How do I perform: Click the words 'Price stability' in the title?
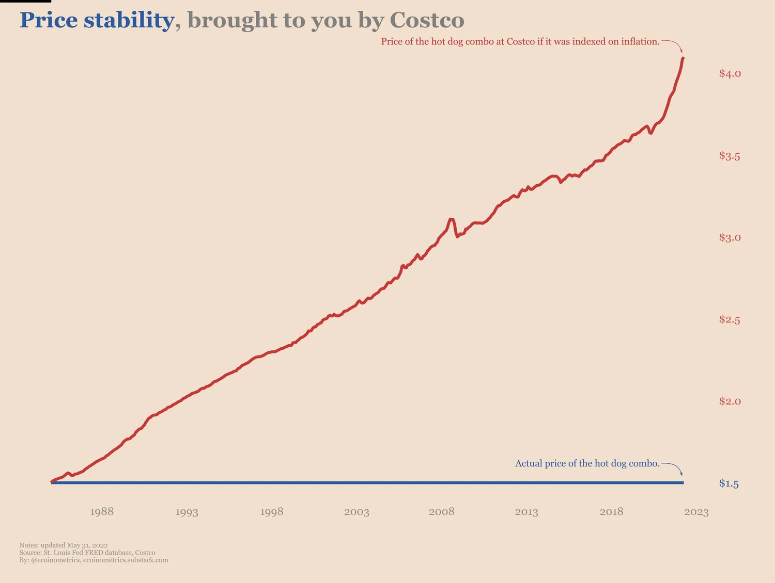[97, 21]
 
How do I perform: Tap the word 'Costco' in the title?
[427, 21]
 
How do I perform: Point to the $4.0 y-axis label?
[730, 74]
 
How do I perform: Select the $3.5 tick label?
[730, 156]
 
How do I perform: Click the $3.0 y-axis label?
[730, 238]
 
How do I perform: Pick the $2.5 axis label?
[730, 320]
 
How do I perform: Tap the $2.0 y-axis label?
[730, 401]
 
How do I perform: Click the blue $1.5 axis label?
[729, 483]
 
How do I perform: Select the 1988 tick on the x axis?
[102, 512]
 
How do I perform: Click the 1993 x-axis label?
[187, 512]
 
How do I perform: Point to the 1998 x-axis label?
[272, 512]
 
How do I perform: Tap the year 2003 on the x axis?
[357, 512]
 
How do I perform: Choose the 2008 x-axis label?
[441, 512]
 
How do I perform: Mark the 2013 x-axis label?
[526, 512]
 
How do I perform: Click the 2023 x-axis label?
[696, 512]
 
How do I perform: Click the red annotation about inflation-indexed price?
[520, 42]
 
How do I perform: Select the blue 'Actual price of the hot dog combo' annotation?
[587, 463]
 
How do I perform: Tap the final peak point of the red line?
[683, 58]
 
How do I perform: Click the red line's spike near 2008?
[451, 219]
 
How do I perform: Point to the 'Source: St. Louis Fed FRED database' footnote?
[87, 553]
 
